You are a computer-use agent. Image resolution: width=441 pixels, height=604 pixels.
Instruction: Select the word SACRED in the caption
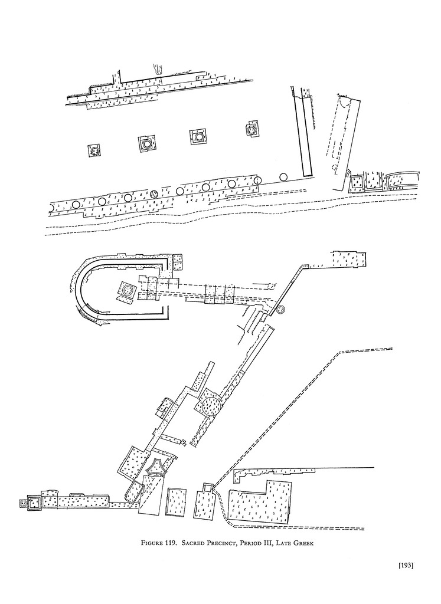click(195, 543)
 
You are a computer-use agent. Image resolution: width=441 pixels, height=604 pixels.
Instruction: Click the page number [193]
click(405, 566)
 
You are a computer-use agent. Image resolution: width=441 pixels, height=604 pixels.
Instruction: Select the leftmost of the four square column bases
click(94, 150)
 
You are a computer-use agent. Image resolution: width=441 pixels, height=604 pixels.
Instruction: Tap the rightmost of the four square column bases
click(252, 130)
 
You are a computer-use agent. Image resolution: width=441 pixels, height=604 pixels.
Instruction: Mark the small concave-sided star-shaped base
click(158, 468)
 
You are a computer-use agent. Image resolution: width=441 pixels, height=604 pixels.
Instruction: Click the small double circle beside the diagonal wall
click(281, 310)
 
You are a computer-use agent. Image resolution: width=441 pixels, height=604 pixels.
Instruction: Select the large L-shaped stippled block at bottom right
click(260, 501)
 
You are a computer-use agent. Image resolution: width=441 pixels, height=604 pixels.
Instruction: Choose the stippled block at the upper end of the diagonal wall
click(350, 259)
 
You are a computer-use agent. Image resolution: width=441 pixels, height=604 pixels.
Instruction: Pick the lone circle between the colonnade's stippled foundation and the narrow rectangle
click(283, 177)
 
